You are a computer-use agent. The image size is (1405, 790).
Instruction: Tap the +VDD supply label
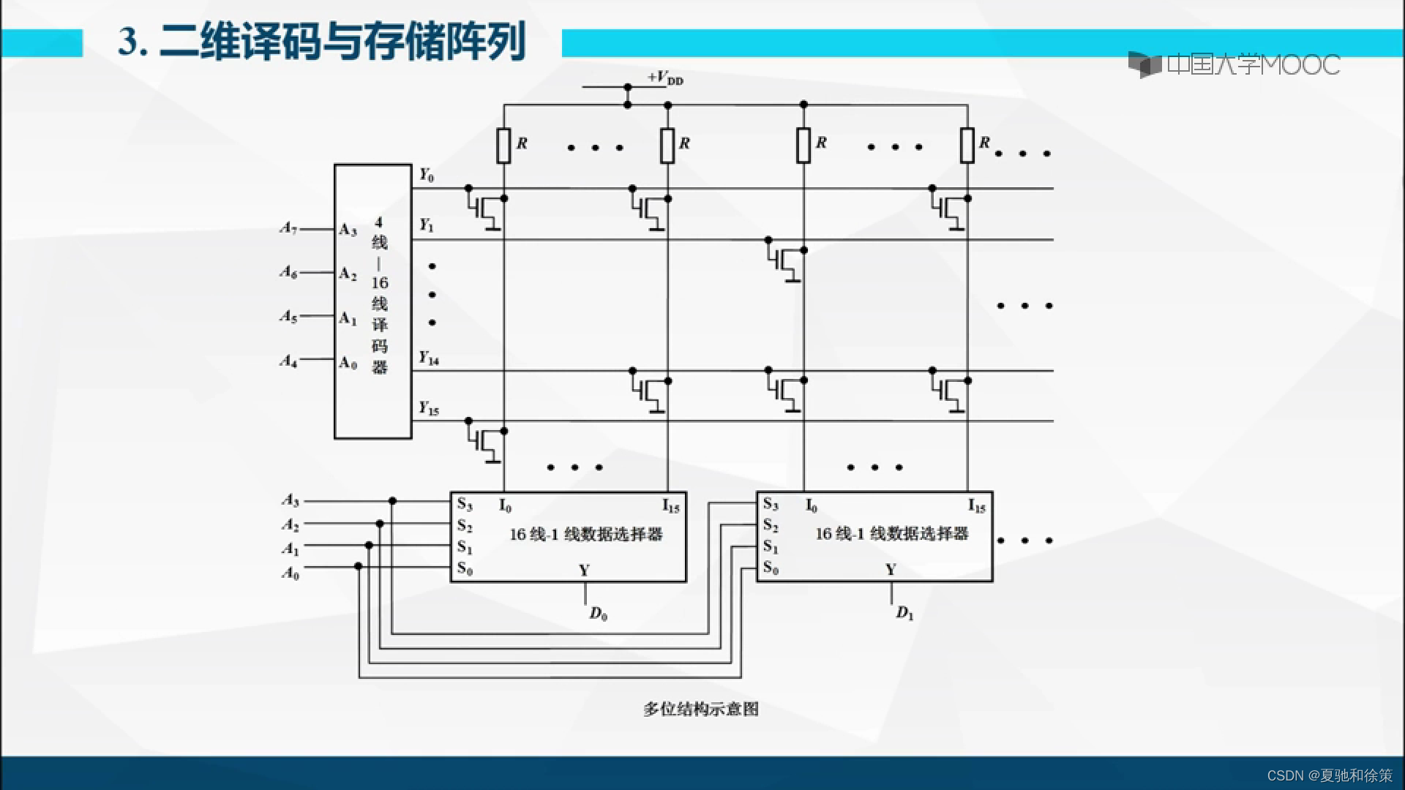664,78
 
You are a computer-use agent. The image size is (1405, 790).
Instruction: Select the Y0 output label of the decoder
427,176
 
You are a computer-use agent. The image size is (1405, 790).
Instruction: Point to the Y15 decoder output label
429,408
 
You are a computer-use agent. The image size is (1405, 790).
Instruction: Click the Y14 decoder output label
429,358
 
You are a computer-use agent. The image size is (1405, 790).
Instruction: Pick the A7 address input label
288,228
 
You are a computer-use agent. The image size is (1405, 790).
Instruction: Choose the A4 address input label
288,361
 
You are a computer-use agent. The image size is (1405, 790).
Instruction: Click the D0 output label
598,614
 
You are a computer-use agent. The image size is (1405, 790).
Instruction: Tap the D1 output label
904,613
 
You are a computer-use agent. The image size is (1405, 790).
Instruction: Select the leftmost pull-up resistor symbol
503,145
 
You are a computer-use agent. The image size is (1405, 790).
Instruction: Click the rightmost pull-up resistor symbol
967,145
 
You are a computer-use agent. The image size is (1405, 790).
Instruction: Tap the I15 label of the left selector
670,505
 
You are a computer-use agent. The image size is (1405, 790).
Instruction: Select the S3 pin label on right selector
771,504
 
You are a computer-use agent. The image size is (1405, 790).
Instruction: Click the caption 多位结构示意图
700,709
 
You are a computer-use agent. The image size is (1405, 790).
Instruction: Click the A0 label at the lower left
291,573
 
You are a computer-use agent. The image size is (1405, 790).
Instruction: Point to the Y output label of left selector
584,570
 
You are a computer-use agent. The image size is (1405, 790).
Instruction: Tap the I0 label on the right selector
812,505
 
